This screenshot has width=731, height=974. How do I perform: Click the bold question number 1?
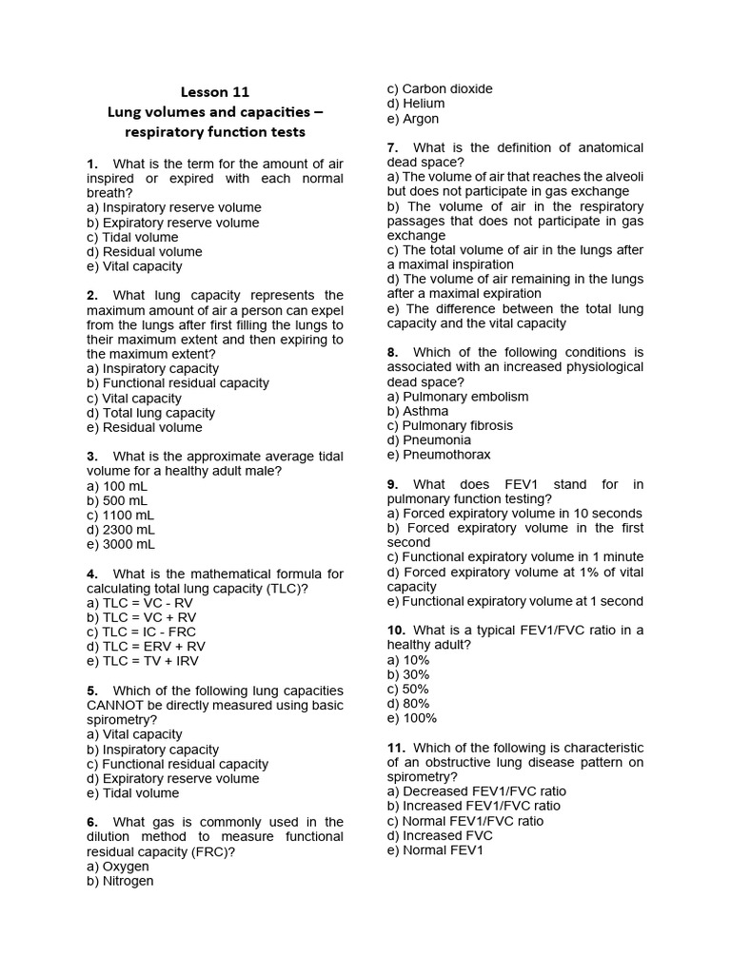(91, 164)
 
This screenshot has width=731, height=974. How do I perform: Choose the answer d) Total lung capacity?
(150, 413)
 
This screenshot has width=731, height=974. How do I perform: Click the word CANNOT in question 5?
(117, 706)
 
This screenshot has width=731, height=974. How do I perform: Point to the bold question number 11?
(397, 748)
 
